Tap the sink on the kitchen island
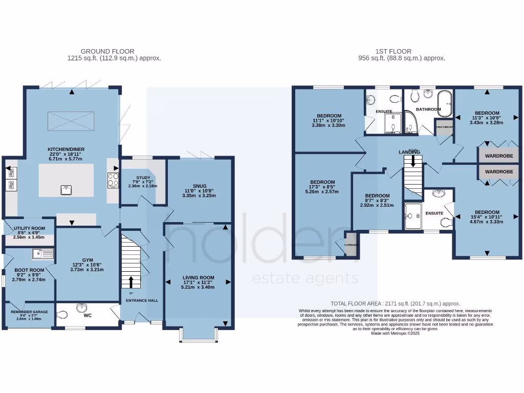point(65,190)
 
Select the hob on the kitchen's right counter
point(113,179)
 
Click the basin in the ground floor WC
point(80,308)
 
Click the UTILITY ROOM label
point(28,228)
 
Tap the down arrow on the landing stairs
point(412,162)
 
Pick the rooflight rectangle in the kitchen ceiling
point(71,121)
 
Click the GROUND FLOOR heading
point(107,51)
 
